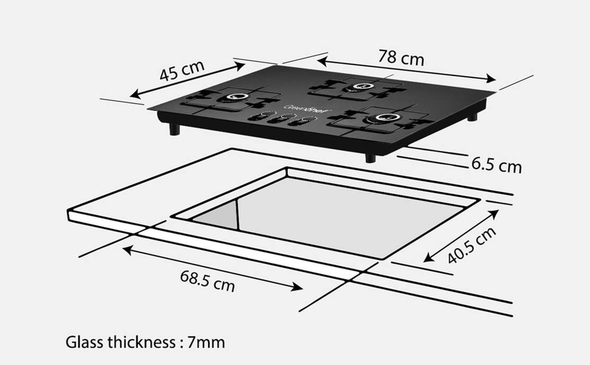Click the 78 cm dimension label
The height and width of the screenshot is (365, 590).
[401, 57]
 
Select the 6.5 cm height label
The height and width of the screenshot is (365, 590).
[496, 165]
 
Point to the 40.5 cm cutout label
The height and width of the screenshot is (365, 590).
[472, 245]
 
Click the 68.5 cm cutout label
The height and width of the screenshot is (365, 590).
[207, 280]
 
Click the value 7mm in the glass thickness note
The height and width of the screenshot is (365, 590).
[206, 342]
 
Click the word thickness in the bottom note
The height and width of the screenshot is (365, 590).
[140, 342]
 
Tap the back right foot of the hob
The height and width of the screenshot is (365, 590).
[471, 116]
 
